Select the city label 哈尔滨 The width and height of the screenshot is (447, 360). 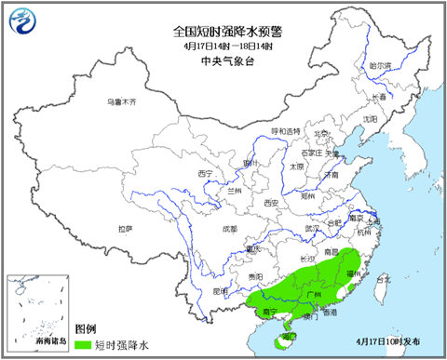click(x=381, y=66)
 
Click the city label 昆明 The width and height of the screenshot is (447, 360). click(x=221, y=290)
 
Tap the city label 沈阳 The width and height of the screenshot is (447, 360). click(x=370, y=119)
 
